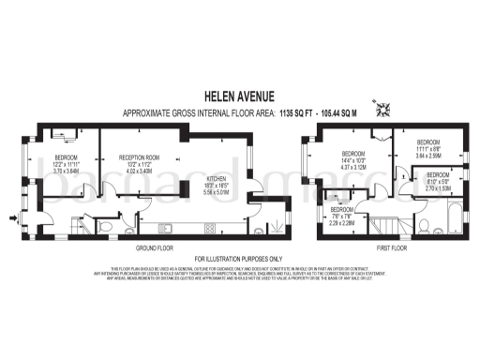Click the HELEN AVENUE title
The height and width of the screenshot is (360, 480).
tap(239, 95)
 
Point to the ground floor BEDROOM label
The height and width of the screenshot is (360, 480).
tap(67, 157)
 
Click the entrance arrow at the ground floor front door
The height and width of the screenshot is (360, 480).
tap(11, 219)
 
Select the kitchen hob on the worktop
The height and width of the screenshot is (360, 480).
tap(210, 226)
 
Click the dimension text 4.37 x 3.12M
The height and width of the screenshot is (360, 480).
tap(353, 168)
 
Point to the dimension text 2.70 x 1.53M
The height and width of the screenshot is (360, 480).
tap(440, 187)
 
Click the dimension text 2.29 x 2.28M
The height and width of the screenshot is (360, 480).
tap(341, 223)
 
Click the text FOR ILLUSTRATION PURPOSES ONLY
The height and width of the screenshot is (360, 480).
tap(239, 258)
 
